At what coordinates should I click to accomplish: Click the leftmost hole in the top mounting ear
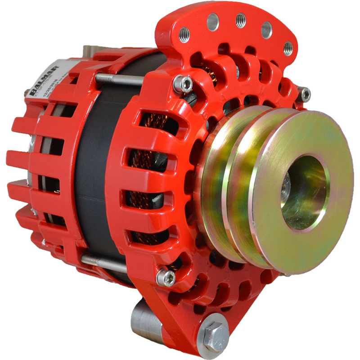point(184,35)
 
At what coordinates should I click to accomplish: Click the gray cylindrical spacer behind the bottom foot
point(143,317)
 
